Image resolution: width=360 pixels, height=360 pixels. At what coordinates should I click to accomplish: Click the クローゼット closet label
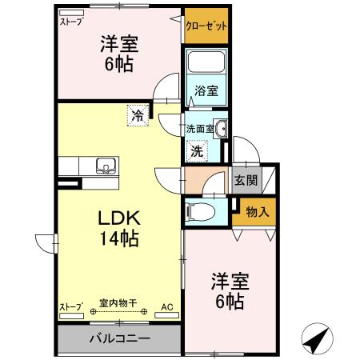click(x=206, y=26)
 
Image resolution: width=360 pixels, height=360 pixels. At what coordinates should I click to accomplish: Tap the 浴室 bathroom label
click(x=206, y=90)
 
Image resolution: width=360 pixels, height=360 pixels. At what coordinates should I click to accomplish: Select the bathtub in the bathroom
click(x=206, y=66)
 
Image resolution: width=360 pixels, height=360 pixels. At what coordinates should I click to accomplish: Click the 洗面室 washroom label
click(x=198, y=128)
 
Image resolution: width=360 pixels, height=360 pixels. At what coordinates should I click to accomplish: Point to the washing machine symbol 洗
click(x=196, y=149)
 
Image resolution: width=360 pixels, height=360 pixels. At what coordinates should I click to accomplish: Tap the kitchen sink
click(x=105, y=166)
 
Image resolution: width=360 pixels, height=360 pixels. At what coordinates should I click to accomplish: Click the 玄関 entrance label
click(x=245, y=180)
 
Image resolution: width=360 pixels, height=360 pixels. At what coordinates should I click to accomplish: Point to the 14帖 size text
click(x=119, y=238)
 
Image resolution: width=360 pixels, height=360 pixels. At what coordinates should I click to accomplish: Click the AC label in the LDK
click(x=166, y=306)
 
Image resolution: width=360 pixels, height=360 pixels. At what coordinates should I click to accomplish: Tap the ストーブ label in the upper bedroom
click(x=71, y=22)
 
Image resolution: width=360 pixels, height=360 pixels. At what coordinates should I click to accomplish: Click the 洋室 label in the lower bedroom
click(x=230, y=281)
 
